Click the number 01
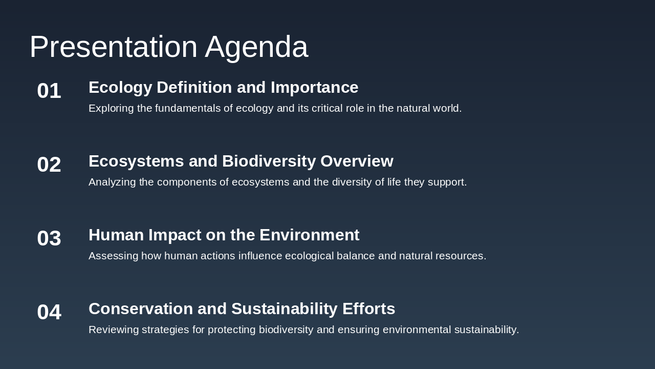49,91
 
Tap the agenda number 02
49,165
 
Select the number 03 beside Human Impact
49,238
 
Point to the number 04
49,312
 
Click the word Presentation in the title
113,47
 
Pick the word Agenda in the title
256,47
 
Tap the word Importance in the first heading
314,88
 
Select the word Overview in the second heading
357,161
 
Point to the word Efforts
368,309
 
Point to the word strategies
165,330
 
